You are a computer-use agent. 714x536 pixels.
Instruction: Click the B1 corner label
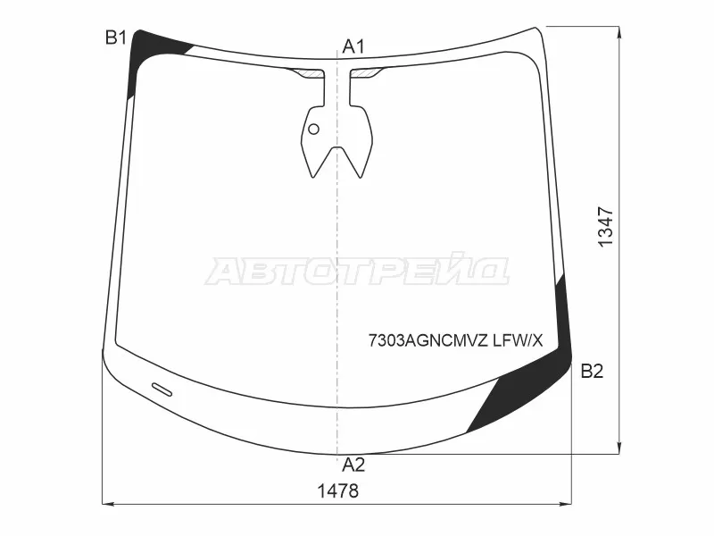coord(116,38)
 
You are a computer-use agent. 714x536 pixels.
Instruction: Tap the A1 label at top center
coord(353,46)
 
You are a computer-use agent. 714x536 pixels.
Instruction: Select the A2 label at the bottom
coord(353,465)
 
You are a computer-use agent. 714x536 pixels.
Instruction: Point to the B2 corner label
coord(592,372)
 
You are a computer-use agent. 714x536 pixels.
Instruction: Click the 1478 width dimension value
coord(338,491)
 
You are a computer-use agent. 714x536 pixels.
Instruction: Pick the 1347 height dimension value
coord(606,227)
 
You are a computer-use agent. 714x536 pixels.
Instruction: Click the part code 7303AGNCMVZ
coord(428,340)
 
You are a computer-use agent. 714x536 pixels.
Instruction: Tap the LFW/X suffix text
coord(519,340)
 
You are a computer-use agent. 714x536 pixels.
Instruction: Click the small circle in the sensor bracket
coord(314,129)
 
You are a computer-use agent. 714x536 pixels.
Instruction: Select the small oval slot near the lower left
coord(162,389)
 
